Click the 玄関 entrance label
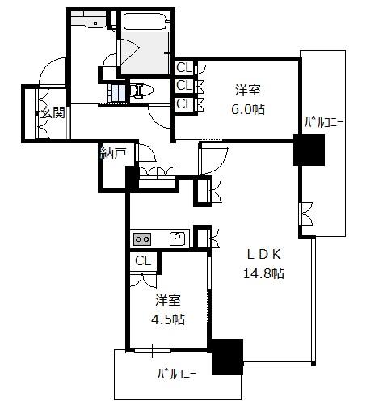pos(53,112)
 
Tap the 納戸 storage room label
pos(113,154)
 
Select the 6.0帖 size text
pos(248,109)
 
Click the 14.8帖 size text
pos(263,273)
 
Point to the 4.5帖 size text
pos(168,319)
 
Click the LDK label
pos(264,254)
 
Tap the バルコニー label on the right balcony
pos(324,123)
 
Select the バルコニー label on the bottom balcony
pos(177,374)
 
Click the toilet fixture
pos(142,91)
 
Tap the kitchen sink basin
pos(177,238)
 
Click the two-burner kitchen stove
pos(142,239)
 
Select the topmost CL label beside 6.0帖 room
pos(184,68)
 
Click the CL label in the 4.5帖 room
pos(143,261)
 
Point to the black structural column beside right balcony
pos(309,150)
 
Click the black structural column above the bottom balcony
pos(227,357)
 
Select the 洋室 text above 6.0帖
pos(248,90)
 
